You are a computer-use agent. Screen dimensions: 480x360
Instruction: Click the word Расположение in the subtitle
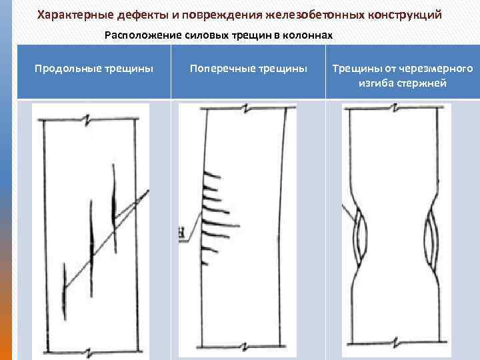pos(138,34)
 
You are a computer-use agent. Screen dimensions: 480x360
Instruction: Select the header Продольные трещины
pos(94,68)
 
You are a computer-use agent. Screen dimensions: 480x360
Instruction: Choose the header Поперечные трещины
pos(248,68)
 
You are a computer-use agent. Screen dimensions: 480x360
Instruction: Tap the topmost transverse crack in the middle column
pos(212,175)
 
